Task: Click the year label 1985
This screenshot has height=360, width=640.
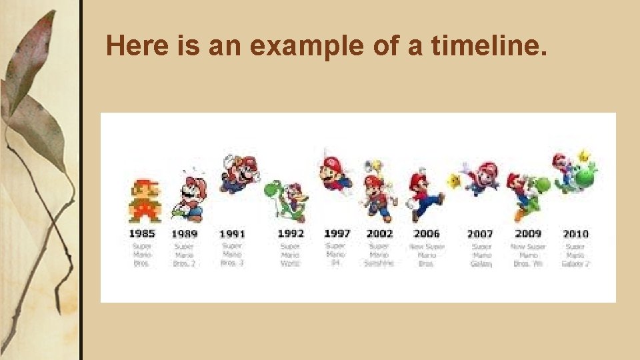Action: coord(142,234)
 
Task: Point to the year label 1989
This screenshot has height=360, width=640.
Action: coord(185,234)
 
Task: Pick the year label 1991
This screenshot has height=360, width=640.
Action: coord(232,234)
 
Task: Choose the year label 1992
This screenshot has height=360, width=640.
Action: coord(291,234)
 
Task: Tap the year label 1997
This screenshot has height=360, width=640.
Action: coord(337,234)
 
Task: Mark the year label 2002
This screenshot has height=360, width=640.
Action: coord(380,234)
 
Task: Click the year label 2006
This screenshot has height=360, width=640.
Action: coord(427,234)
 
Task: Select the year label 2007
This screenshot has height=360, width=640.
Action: coord(480,234)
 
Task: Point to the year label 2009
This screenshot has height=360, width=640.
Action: coord(528,234)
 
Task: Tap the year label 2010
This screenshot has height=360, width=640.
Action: coord(576,234)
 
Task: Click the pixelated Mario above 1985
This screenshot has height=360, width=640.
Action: coord(145,200)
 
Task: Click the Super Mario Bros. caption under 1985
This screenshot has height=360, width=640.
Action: coord(142,255)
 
